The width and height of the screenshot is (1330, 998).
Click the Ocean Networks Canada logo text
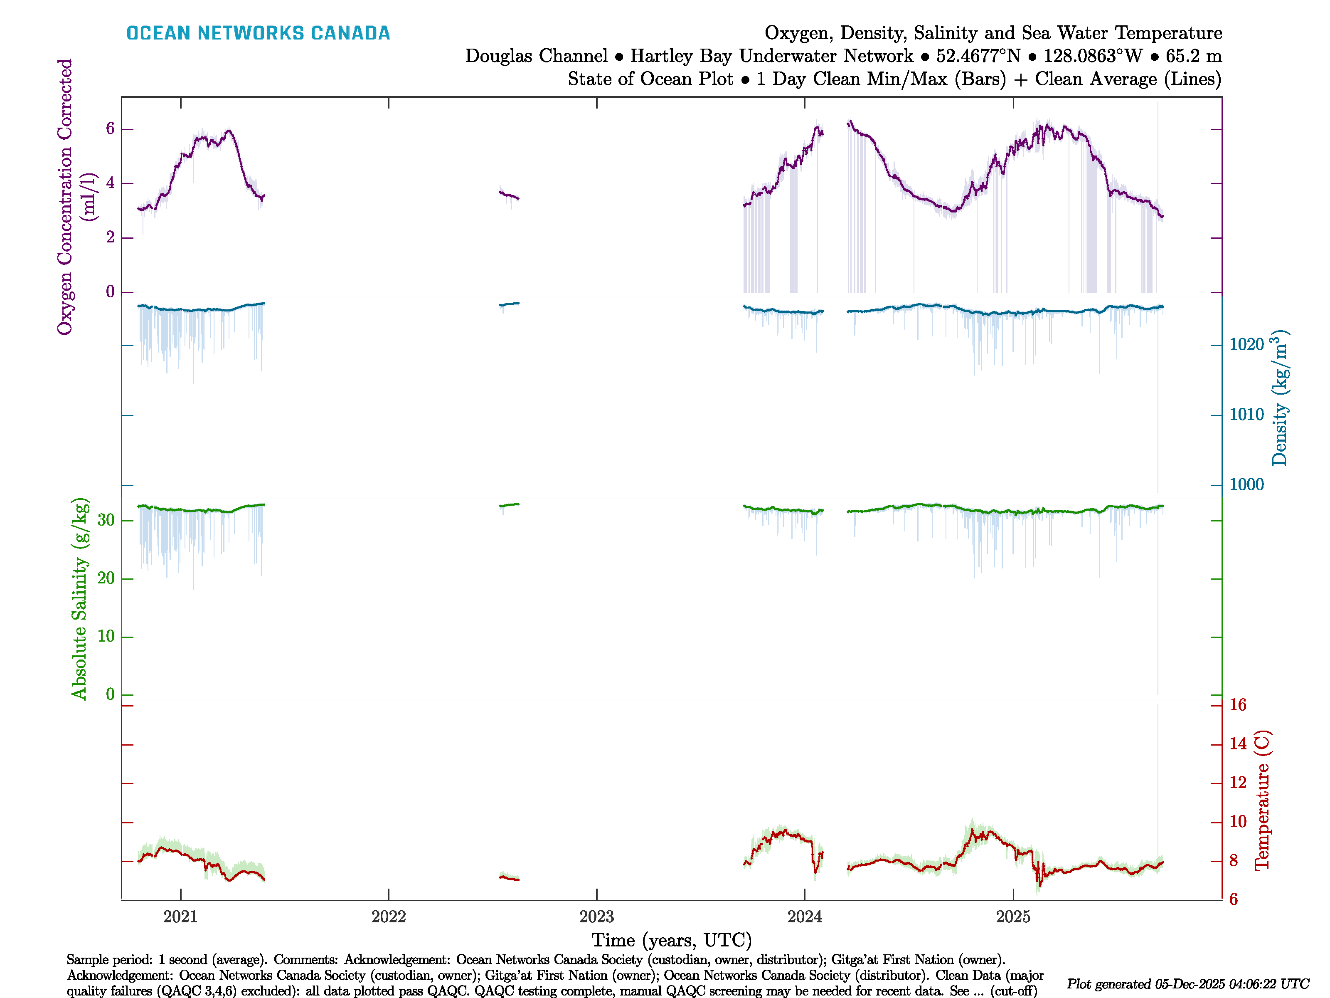tap(258, 33)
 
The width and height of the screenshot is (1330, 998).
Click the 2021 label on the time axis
tap(180, 917)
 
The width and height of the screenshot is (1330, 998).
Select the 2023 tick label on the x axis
tap(596, 917)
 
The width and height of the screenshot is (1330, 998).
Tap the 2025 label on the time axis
tap(1013, 917)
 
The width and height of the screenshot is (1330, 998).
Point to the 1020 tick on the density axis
tap(1246, 345)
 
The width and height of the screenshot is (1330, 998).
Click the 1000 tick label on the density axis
tap(1246, 485)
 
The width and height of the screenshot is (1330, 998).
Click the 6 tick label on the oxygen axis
tap(110, 129)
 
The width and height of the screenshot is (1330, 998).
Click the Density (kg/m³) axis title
tap(1279, 398)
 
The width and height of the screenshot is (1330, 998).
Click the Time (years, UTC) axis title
tap(672, 940)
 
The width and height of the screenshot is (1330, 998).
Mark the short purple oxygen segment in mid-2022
tap(509, 195)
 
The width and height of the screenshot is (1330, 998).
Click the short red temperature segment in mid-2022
tap(509, 878)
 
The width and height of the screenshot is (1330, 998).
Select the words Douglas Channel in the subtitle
tap(536, 56)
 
